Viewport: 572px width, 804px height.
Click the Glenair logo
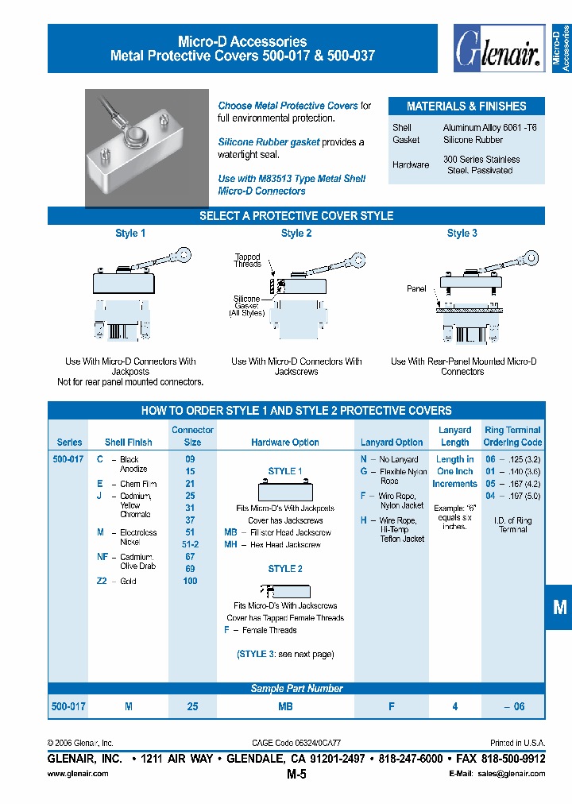[x=497, y=49]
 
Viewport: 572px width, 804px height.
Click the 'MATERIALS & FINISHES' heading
[x=466, y=106]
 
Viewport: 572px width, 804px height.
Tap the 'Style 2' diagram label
[x=296, y=234]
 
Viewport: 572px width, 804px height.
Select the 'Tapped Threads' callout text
[x=248, y=261]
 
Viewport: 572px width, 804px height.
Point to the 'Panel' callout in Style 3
[x=416, y=289]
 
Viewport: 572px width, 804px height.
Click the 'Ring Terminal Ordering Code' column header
[x=512, y=436]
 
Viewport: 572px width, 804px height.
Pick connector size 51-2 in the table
[x=190, y=544]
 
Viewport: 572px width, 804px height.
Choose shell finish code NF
[x=102, y=557]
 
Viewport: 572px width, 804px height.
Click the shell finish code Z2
[x=102, y=581]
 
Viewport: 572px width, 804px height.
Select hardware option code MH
[x=230, y=545]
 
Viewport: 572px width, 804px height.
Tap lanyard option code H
[x=363, y=520]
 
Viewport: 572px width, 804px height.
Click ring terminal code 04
[x=490, y=496]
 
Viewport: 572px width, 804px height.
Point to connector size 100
[x=190, y=581]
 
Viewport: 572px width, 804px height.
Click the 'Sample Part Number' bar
[x=296, y=689]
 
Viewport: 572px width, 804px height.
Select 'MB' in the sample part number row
[x=286, y=706]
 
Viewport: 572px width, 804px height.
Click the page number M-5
[x=296, y=774]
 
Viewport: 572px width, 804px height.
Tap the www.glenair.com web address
[x=78, y=774]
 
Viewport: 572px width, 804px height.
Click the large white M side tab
[x=559, y=608]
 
